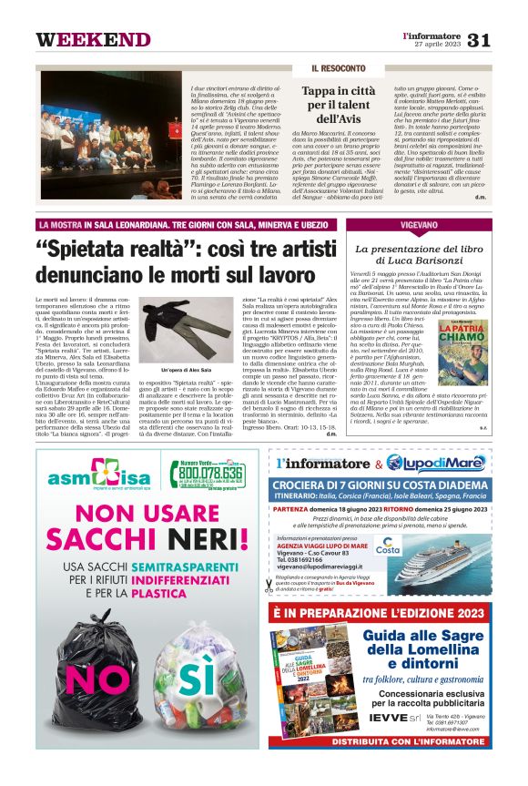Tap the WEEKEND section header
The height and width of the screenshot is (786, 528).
pyautogui.click(x=93, y=40)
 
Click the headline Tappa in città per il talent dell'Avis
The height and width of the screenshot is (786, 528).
pyautogui.click(x=339, y=106)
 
